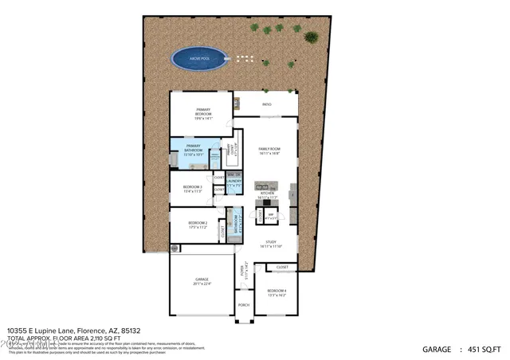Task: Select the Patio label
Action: (265, 104)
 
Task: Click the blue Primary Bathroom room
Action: (194, 151)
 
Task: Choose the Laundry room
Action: (234, 182)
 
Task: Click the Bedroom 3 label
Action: (194, 190)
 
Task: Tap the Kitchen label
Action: (266, 195)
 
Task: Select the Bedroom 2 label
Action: (198, 225)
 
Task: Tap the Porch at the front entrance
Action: (244, 305)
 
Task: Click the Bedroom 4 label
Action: (275, 292)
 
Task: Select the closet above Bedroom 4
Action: (282, 267)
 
